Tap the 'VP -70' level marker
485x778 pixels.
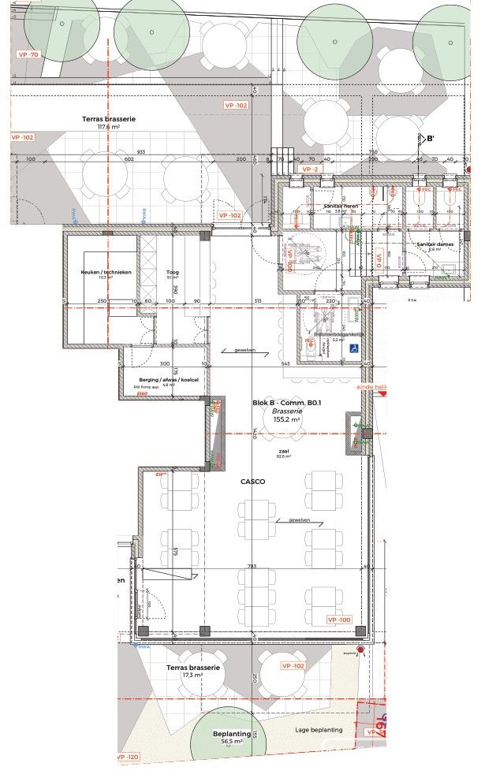28,55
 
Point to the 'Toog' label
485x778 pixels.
172,274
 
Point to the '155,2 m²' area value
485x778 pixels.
287,420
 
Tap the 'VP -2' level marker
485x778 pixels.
310,169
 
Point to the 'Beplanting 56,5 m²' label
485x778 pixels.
232,737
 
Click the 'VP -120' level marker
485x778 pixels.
128,757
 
